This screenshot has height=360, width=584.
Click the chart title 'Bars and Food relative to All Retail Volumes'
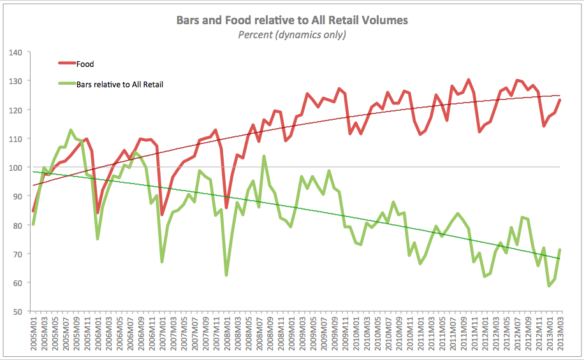(x=292, y=20)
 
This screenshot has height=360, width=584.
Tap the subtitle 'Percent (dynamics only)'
(x=292, y=34)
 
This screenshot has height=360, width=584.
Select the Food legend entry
(x=85, y=64)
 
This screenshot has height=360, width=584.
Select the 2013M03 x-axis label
(x=560, y=333)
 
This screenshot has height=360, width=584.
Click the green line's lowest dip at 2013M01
(x=549, y=286)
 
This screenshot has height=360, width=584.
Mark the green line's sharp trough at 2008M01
(x=226, y=275)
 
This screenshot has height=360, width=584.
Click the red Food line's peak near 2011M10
(x=469, y=80)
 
